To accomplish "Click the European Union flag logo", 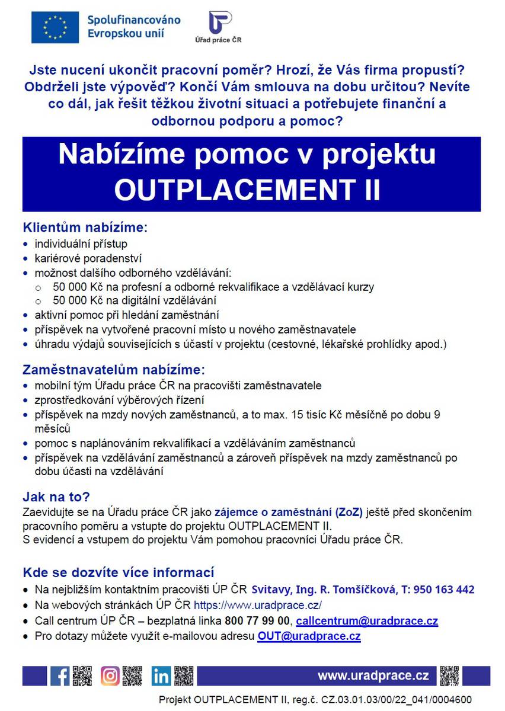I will point(56,28).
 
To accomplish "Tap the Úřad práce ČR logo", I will point(218,27).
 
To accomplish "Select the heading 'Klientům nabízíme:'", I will point(84,228).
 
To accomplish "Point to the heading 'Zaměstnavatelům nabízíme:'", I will point(113,370).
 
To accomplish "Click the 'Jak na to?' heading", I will point(56,497).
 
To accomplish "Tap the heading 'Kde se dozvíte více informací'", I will point(118,572).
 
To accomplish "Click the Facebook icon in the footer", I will point(59,676).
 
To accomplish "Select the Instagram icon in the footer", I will point(110,676).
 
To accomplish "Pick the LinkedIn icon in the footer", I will point(161,676).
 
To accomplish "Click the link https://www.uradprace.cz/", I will point(258,606).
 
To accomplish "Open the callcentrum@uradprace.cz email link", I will point(367,621).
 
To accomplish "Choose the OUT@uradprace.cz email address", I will point(309,636).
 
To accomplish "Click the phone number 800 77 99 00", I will point(258,621).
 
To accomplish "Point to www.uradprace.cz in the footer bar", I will point(373,676).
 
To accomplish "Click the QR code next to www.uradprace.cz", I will point(450,676).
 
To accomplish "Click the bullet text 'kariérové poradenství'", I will point(88,258).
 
